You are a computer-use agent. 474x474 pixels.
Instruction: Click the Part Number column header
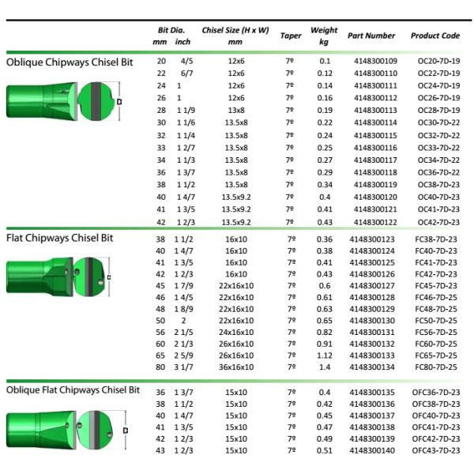(371, 36)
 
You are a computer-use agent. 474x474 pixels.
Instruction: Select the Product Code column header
(434, 36)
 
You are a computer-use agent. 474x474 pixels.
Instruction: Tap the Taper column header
(290, 36)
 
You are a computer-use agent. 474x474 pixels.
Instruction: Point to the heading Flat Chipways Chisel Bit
(61, 237)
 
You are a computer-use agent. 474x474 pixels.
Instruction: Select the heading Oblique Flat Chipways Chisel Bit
(73, 390)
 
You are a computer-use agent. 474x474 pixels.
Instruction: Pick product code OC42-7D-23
(435, 222)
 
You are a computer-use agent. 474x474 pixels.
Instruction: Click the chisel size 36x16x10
(235, 367)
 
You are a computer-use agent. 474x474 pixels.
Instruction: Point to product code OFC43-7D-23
(436, 450)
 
